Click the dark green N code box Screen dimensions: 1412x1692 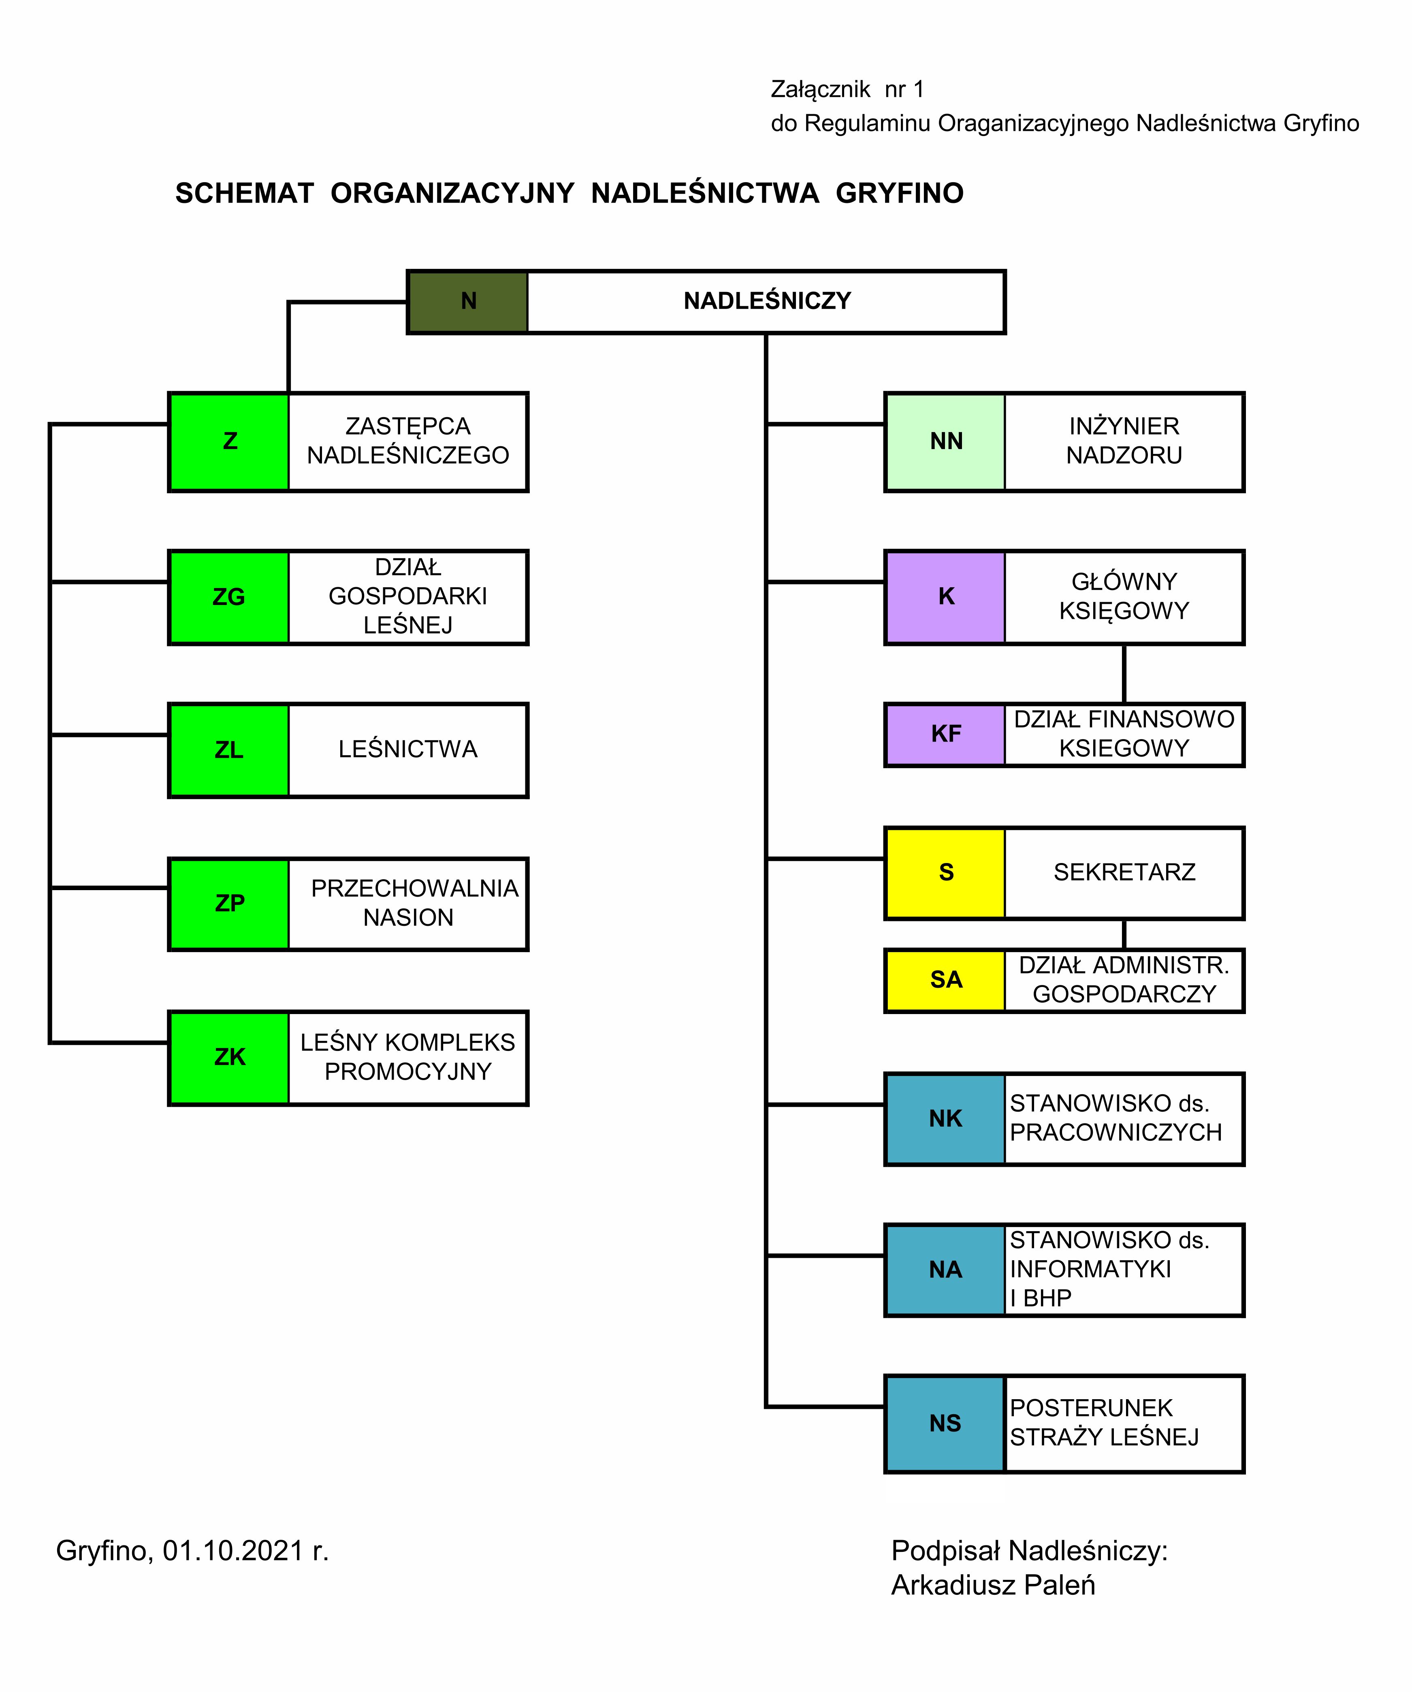pos(468,301)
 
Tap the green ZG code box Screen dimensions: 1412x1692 pos(229,597)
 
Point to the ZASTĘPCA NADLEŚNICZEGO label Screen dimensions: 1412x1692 pos(408,441)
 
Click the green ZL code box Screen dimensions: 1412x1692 pos(229,750)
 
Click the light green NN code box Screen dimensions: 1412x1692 pos(945,441)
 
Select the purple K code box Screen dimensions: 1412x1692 pos(945,597)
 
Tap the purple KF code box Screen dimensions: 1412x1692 pos(945,734)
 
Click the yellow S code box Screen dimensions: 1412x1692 pos(945,873)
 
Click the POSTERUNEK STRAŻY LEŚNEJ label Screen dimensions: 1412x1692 pos(1104,1423)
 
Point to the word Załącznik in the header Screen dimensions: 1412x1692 pos(821,90)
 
